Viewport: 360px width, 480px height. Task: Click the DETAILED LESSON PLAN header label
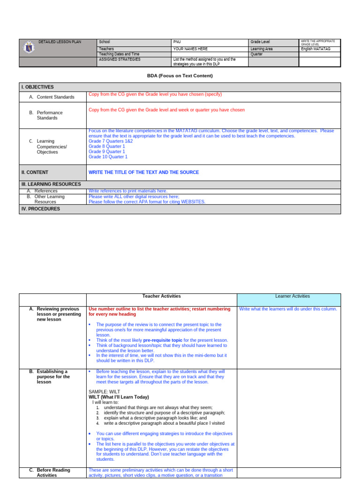(x=60, y=42)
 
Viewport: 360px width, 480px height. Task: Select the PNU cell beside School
(x=177, y=42)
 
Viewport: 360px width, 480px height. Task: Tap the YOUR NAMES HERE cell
(x=190, y=49)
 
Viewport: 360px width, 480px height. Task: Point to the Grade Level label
(x=260, y=42)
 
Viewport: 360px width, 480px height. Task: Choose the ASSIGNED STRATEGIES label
(x=120, y=60)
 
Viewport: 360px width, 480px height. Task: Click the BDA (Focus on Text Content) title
(x=180, y=75)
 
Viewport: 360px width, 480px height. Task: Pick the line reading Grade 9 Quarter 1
(x=107, y=151)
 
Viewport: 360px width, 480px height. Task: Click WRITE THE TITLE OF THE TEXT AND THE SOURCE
(x=143, y=172)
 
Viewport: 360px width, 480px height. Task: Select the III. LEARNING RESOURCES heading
(x=51, y=184)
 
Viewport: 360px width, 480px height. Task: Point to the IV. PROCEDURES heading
(x=40, y=209)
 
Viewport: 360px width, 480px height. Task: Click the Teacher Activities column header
(x=161, y=296)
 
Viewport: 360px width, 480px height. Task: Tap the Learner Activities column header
(x=288, y=296)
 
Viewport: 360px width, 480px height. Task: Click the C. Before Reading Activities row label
(x=53, y=472)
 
